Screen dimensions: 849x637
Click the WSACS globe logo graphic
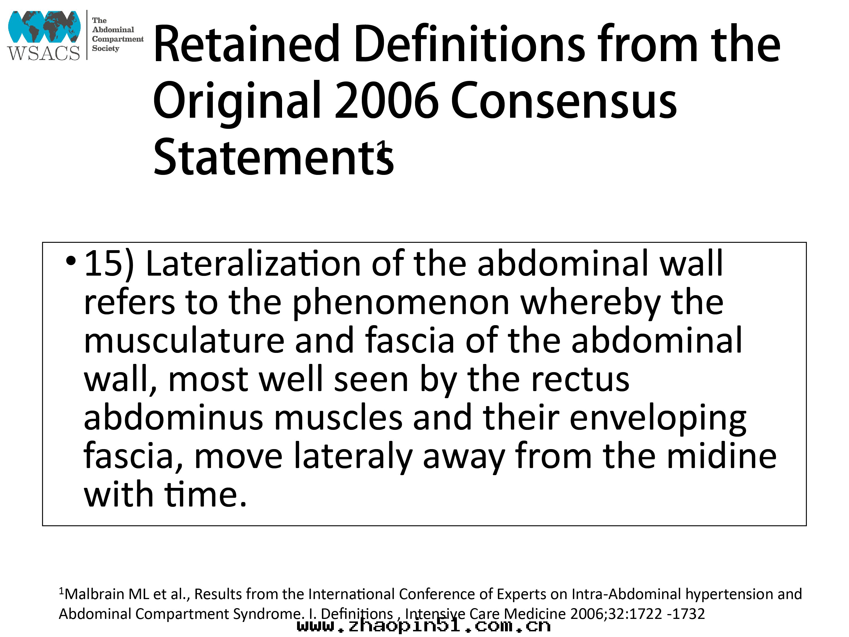(44, 27)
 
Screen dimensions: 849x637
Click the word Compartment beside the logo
(117, 39)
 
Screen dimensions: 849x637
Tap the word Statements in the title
(273, 157)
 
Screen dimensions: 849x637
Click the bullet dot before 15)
(71, 261)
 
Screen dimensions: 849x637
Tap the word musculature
(184, 341)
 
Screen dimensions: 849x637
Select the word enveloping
(657, 419)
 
